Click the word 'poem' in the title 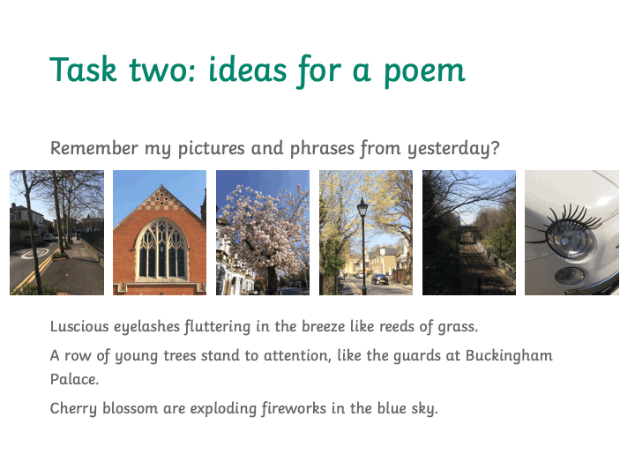pos(424,72)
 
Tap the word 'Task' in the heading pos(83,70)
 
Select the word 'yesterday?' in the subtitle pos(453,149)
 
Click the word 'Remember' pos(94,148)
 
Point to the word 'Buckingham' pos(509,355)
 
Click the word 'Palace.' pos(74,379)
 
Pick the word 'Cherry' pos(73,408)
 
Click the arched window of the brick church pos(161,249)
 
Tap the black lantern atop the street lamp pos(362,208)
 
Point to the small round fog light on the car pos(570,276)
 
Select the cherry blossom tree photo pos(263,233)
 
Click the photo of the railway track pos(469,233)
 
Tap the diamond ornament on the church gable pos(161,198)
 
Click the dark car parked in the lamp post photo pos(379,279)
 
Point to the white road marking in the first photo pos(35,253)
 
